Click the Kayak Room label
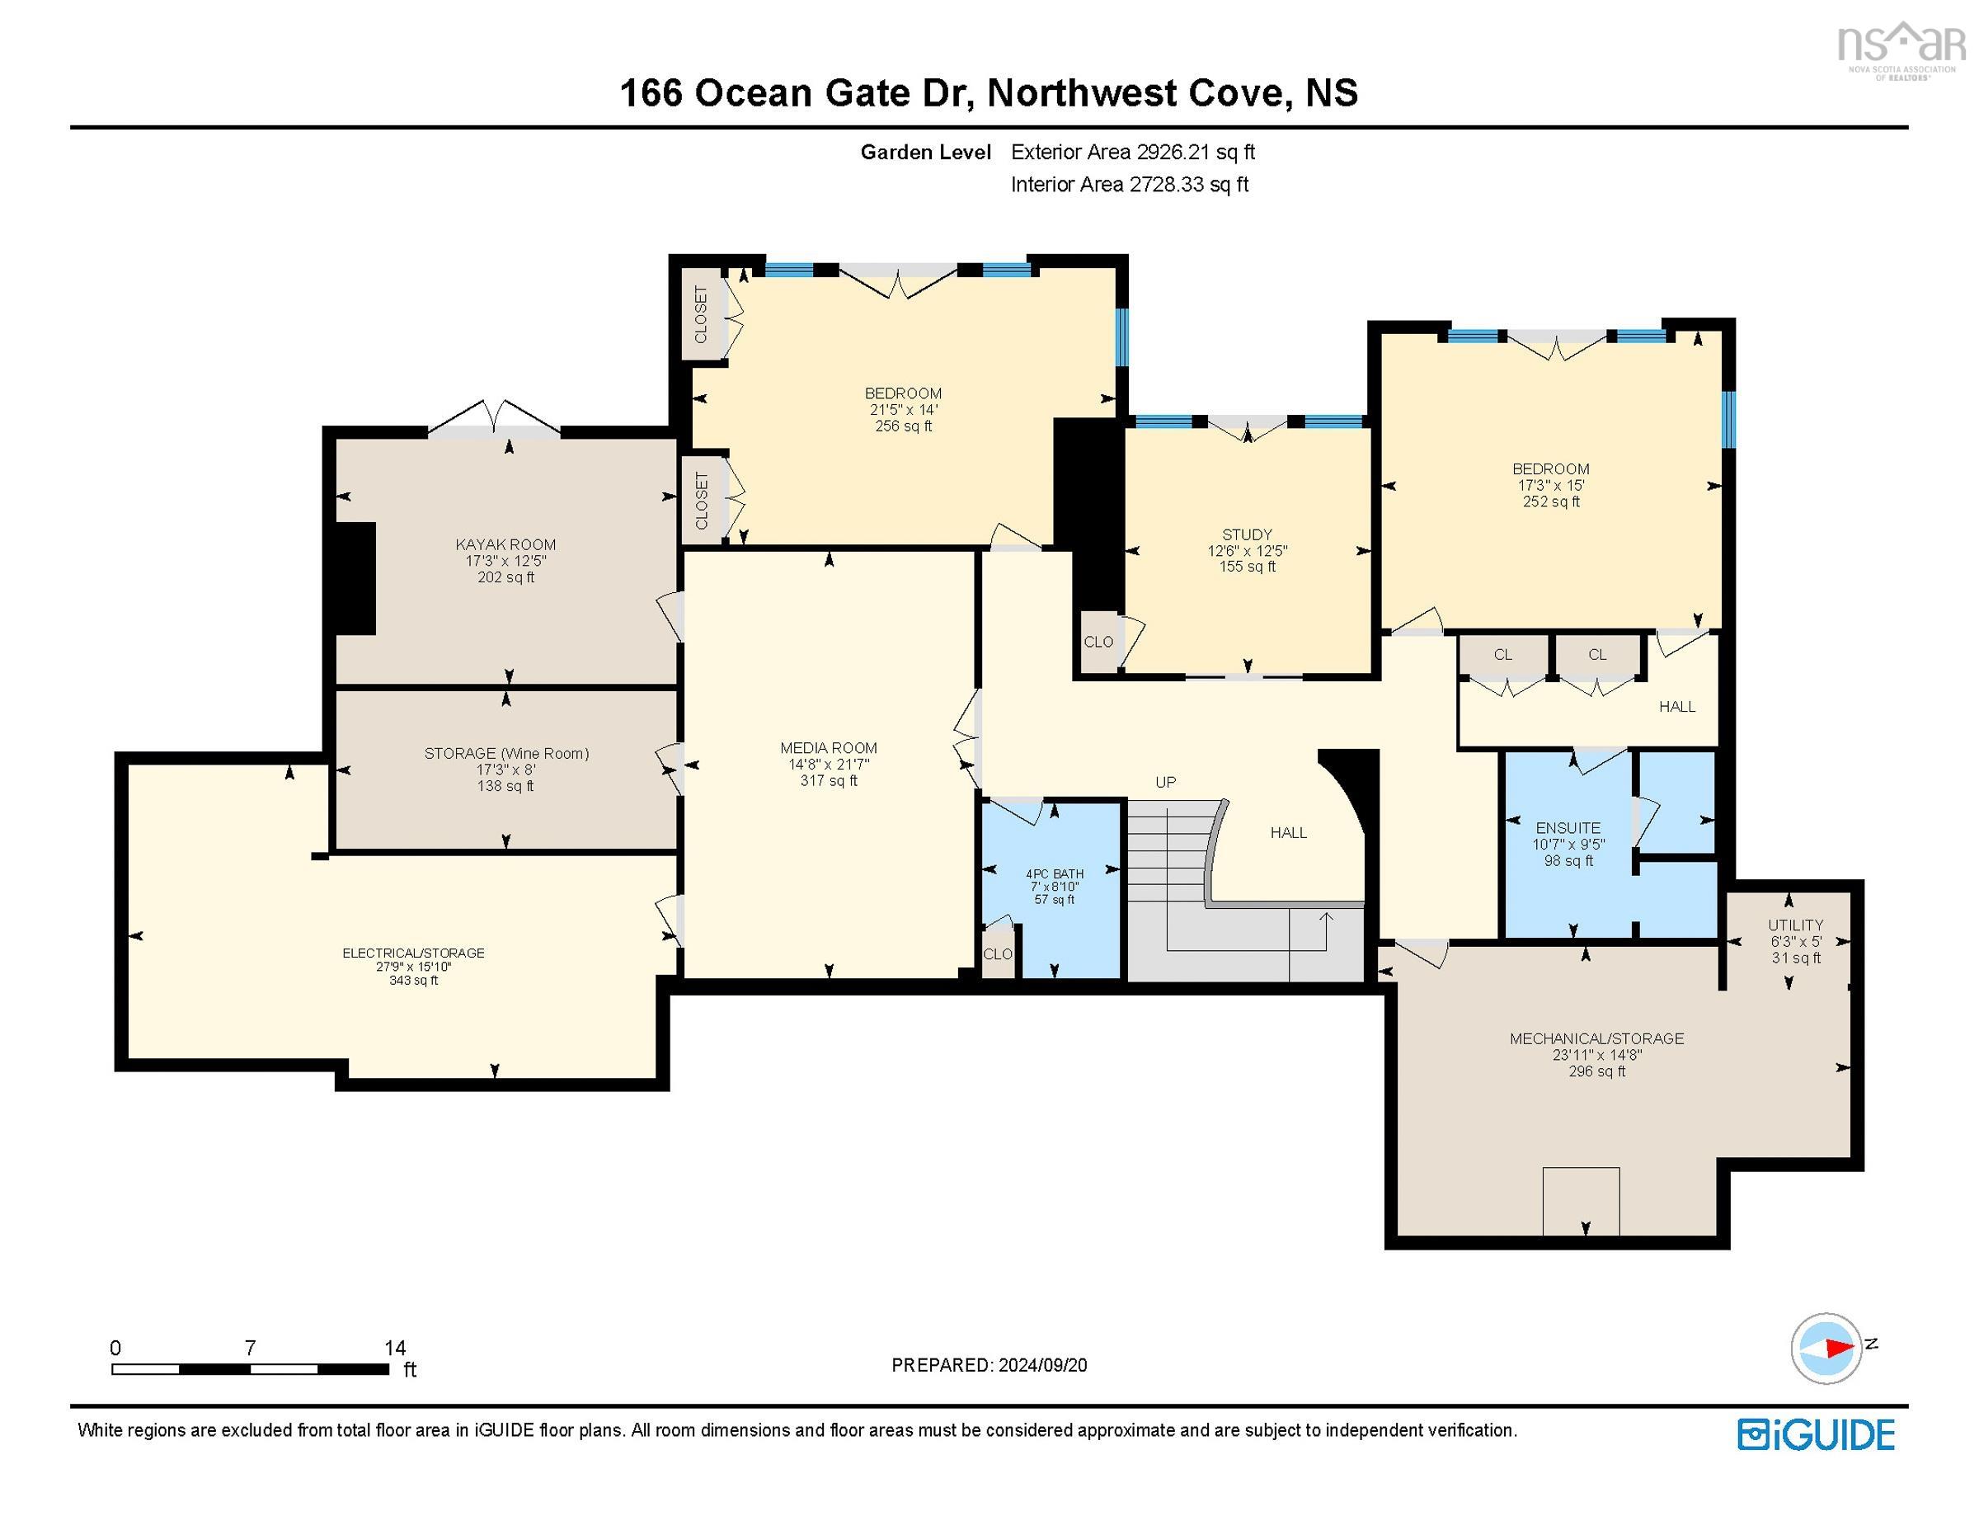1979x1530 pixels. [x=505, y=544]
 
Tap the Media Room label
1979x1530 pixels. [x=828, y=748]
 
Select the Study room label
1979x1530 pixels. [x=1247, y=534]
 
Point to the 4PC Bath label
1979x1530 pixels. [x=1055, y=873]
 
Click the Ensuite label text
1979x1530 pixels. [x=1568, y=827]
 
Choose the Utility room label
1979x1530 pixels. [x=1795, y=925]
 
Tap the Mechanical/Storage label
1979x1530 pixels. [x=1596, y=1038]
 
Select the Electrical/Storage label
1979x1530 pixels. [x=413, y=953]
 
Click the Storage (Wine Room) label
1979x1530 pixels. [x=506, y=753]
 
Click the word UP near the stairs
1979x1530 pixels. [x=1165, y=781]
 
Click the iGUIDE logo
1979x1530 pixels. [x=1815, y=1435]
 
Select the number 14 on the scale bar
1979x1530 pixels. [x=395, y=1348]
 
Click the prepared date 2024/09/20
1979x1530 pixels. [x=1041, y=1365]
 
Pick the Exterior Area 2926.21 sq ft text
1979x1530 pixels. [x=1133, y=153]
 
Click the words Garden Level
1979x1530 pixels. [x=925, y=153]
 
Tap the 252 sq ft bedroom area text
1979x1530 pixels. [x=1550, y=501]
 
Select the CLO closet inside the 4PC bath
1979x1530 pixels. [x=998, y=953]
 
